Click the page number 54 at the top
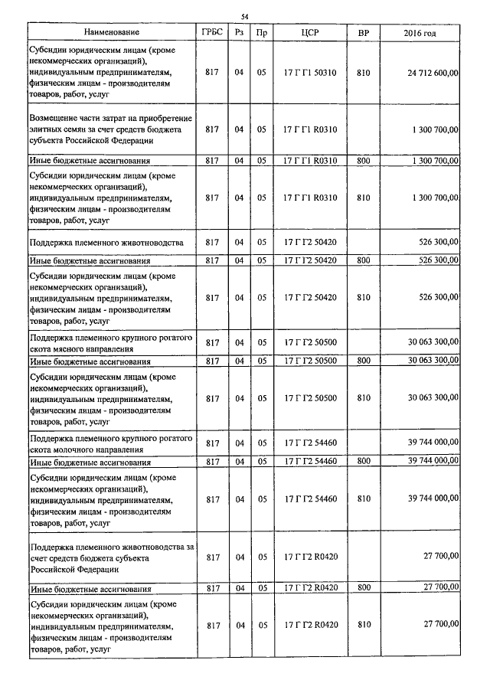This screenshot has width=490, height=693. [245, 17]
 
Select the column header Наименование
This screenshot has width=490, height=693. [112, 34]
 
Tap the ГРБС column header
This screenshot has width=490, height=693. [212, 34]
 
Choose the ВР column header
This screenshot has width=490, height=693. [363, 34]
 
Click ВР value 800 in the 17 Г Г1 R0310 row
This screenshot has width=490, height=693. [363, 160]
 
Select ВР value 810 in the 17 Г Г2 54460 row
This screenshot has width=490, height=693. [363, 499]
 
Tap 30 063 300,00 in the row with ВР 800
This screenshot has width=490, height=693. [432, 360]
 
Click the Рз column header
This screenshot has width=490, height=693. [239, 34]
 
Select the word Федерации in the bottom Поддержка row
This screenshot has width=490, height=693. [92, 569]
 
